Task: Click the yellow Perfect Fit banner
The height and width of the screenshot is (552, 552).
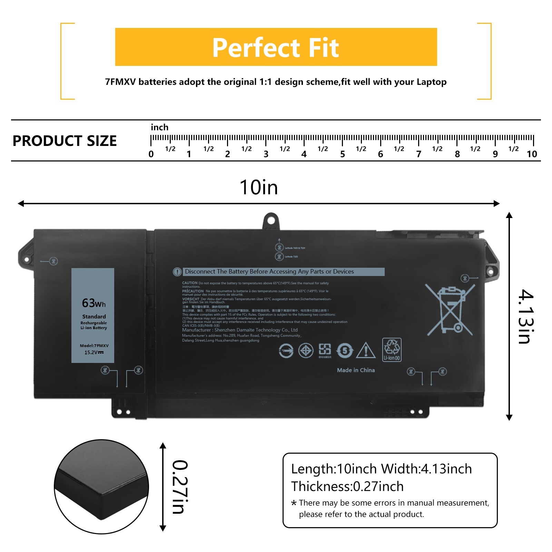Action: tap(276, 47)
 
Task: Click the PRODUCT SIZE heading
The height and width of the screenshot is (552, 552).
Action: tap(65, 141)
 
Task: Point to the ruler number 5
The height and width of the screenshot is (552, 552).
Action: tap(342, 154)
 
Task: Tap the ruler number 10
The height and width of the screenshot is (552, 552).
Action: tap(532, 154)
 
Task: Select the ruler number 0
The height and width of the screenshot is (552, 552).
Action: tap(151, 154)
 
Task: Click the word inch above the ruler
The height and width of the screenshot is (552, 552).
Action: tap(159, 127)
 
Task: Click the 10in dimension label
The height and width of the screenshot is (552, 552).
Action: tap(259, 187)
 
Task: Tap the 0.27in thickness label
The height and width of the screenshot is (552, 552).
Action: tap(180, 487)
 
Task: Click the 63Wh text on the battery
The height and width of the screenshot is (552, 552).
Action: tap(93, 303)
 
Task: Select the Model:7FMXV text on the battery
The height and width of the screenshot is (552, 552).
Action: tap(94, 345)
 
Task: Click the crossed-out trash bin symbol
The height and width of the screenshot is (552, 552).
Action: tap(450, 309)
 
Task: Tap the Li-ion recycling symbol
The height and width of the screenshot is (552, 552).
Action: tap(392, 349)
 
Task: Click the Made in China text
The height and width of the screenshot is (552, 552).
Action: tap(356, 370)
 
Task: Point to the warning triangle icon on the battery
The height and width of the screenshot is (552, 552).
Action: tap(366, 351)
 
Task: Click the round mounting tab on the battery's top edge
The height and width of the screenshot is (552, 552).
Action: tap(271, 220)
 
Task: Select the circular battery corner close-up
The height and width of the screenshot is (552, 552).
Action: tap(101, 487)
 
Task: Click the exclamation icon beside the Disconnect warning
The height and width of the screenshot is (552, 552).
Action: tap(177, 272)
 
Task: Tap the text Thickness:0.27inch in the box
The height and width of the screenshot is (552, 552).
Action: tap(347, 486)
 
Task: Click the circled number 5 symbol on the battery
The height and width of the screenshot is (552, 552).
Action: tap(345, 351)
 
